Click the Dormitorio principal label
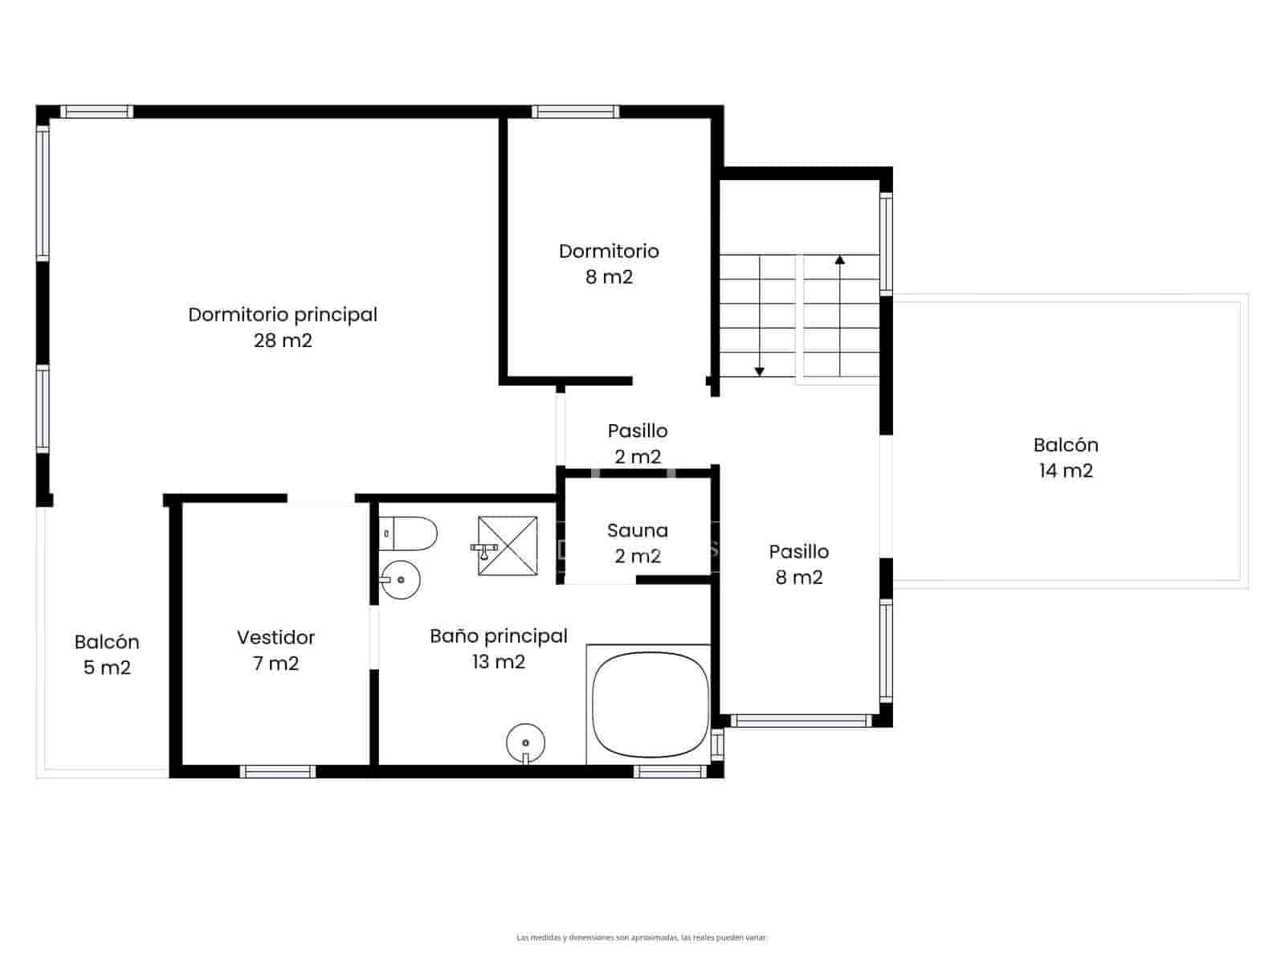[283, 315]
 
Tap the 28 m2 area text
[283, 341]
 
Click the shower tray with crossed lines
[508, 545]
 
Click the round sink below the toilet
[400, 579]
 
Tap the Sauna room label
[637, 530]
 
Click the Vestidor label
[275, 638]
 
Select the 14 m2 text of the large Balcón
[1066, 471]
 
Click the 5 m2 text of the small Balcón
[107, 668]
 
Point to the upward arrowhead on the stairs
[840, 259]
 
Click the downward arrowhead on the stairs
[759, 371]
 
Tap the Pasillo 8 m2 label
[799, 564]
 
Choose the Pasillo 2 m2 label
[638, 443]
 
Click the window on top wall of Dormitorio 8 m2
[575, 112]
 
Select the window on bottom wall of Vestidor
[278, 771]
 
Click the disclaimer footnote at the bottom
[642, 937]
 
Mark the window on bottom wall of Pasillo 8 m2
[800, 721]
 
